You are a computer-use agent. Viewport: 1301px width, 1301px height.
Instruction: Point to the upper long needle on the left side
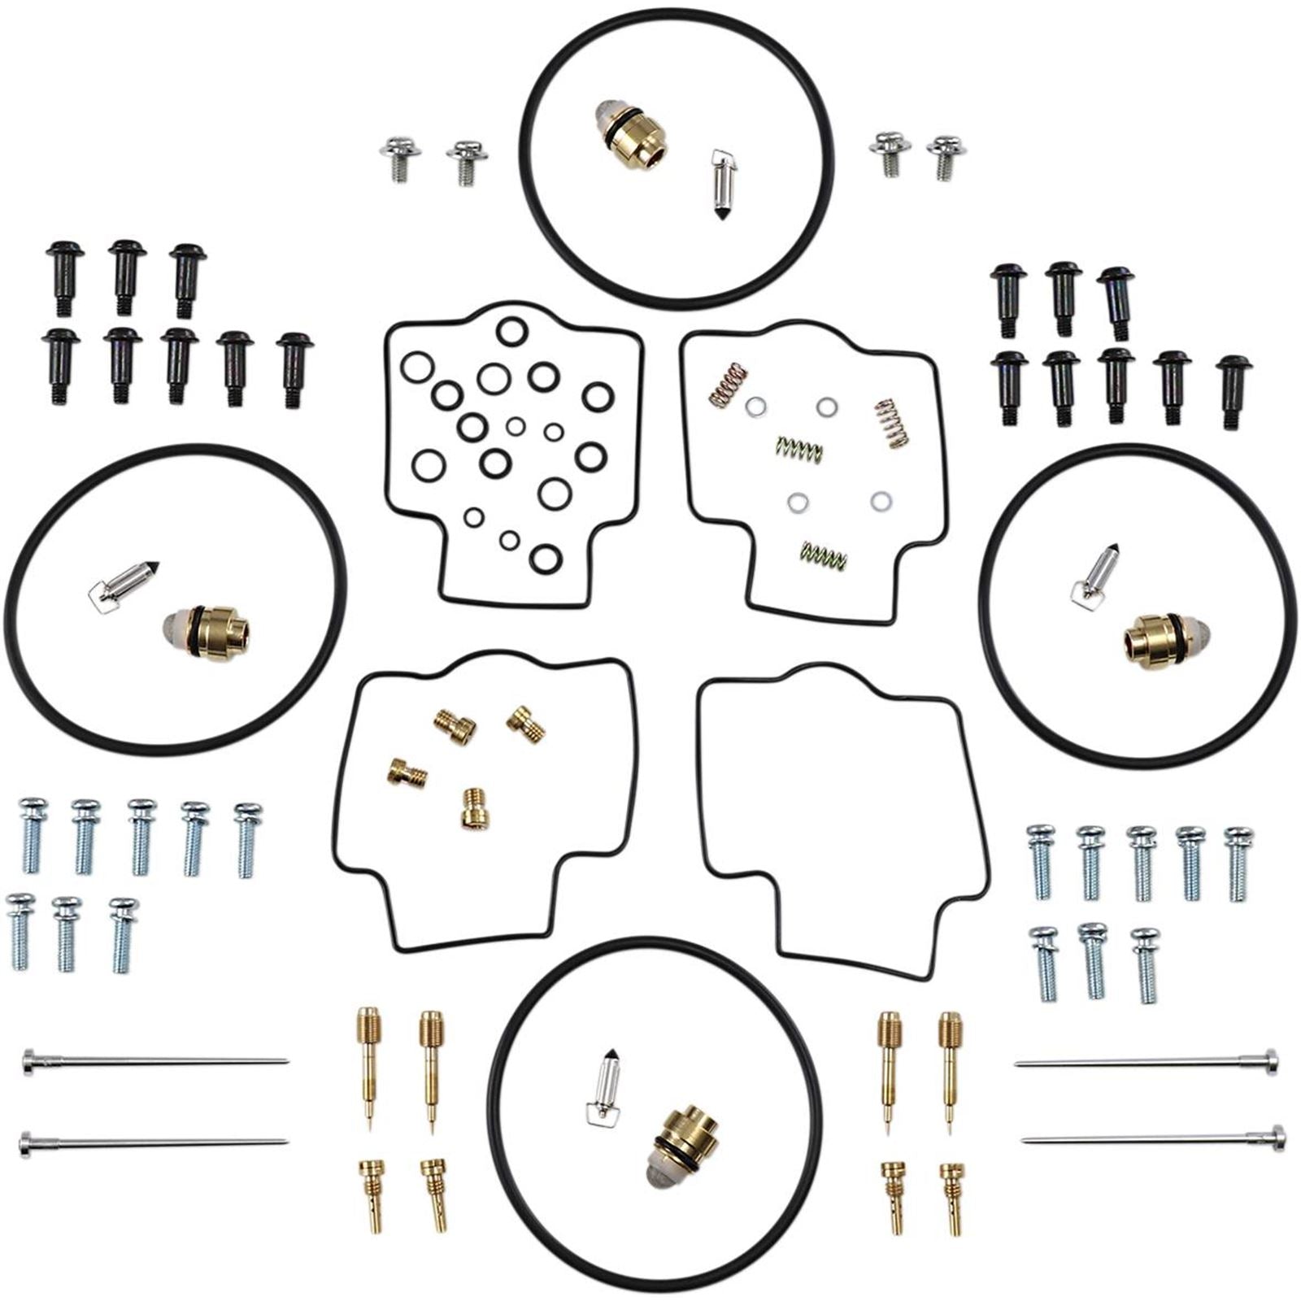click(x=154, y=1060)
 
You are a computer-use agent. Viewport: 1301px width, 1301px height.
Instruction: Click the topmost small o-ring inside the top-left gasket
click(x=511, y=331)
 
